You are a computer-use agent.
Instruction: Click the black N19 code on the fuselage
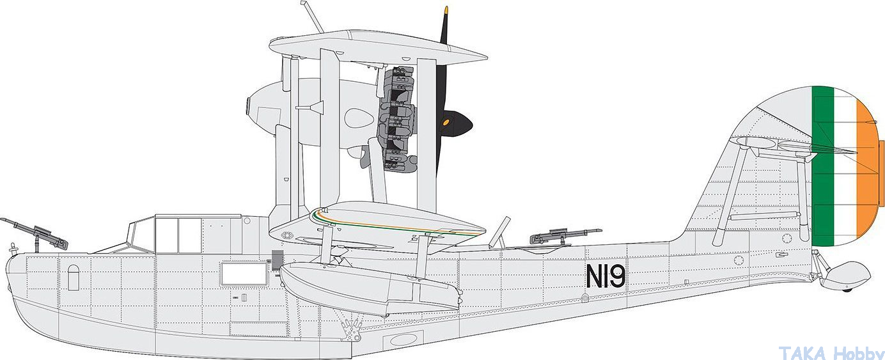click(606, 276)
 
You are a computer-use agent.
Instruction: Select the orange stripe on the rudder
click(867, 170)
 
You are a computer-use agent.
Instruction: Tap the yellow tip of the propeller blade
click(446, 10)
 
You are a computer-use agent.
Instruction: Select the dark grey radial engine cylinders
click(396, 118)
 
